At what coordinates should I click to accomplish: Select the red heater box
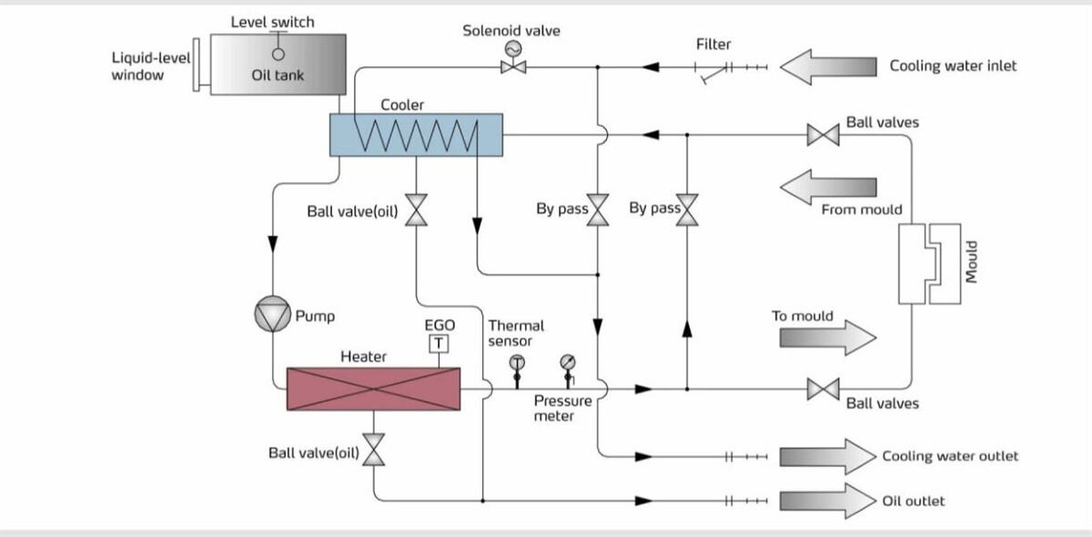[373, 389]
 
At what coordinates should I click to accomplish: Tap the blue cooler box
[415, 135]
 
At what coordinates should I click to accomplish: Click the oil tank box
[278, 64]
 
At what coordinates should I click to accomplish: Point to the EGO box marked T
[439, 343]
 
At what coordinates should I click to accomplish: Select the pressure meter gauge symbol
[568, 365]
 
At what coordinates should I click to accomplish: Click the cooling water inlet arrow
[827, 66]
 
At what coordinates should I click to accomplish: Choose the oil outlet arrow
[827, 501]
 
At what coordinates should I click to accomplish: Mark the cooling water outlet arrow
[827, 456]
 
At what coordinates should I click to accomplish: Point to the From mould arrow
[827, 187]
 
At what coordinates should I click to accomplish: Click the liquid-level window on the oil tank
[197, 64]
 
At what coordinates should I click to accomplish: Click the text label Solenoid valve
[511, 31]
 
